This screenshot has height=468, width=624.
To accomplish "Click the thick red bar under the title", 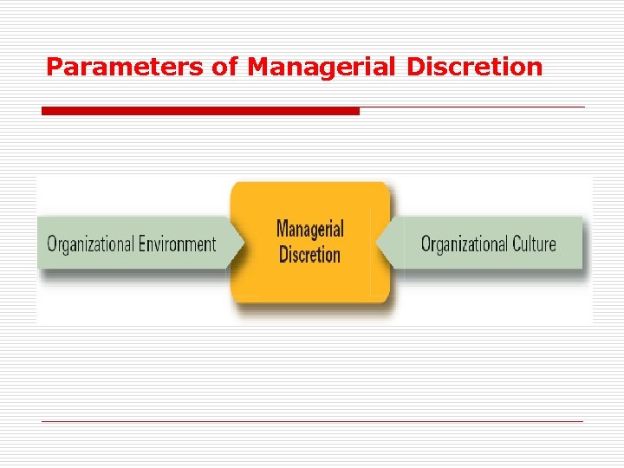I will point(200,111).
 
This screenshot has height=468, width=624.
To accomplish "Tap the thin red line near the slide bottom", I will point(312,421).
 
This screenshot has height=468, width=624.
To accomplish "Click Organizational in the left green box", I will point(90,244).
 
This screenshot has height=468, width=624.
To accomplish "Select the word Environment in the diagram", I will point(178,244).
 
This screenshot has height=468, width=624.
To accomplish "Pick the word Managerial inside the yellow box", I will point(309,230).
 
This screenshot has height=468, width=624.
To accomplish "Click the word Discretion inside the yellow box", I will point(309,255).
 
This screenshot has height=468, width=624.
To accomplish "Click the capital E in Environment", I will point(142,244).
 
